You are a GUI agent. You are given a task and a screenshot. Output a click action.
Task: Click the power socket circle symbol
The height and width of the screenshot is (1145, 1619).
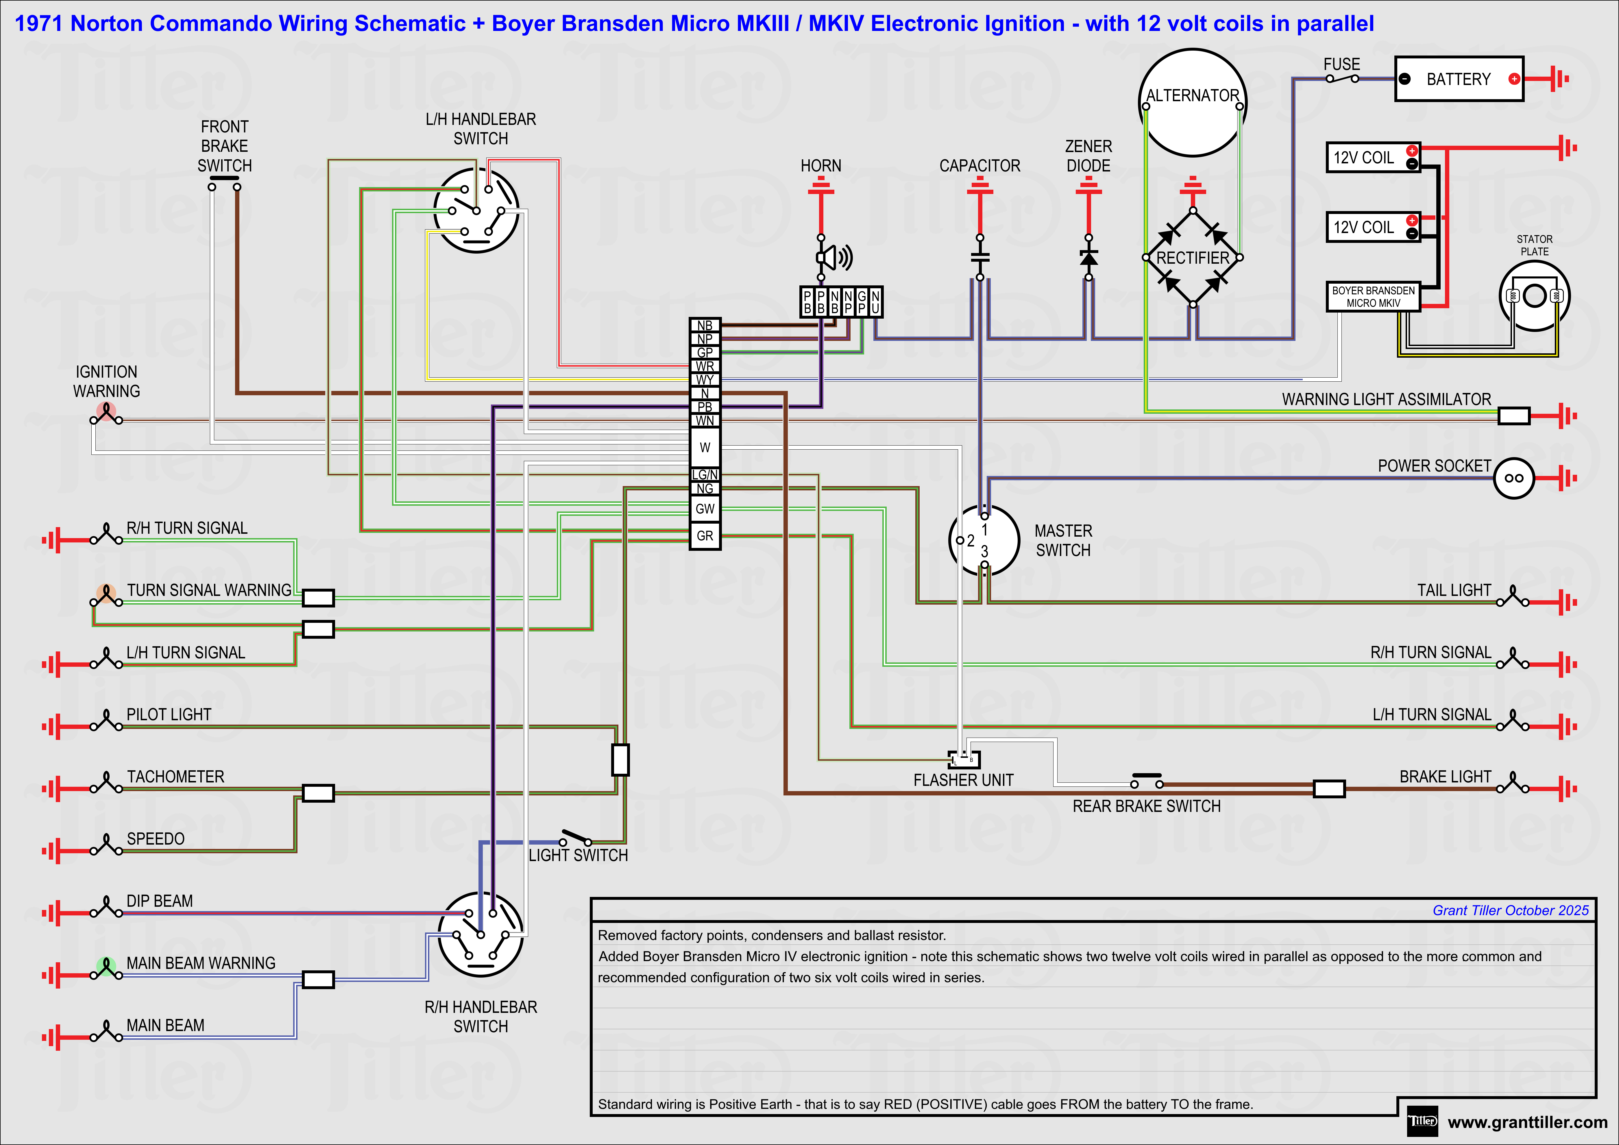(1513, 478)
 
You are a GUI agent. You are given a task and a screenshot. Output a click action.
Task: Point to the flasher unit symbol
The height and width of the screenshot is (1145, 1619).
(964, 759)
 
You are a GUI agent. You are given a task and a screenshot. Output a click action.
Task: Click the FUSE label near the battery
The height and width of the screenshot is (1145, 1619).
(1341, 64)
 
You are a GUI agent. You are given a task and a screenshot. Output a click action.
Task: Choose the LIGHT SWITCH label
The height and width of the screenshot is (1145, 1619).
(578, 855)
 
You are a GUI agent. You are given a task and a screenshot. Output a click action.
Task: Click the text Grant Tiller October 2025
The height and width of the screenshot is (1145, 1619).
(1510, 910)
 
